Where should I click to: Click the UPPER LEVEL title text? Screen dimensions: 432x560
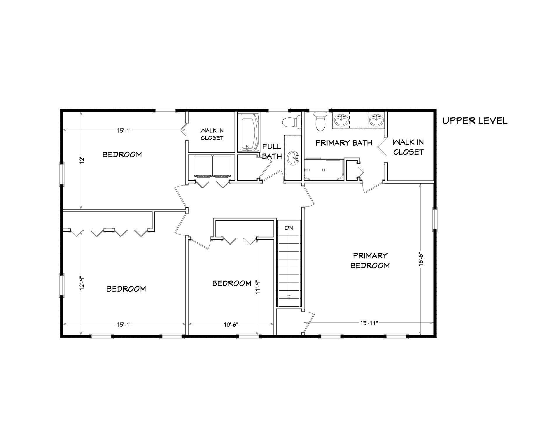(475, 121)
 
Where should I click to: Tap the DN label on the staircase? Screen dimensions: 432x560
(289, 228)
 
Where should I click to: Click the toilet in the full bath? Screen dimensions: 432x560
(292, 122)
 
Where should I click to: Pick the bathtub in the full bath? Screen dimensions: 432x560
(249, 133)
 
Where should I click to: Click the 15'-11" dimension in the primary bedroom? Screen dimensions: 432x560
(369, 323)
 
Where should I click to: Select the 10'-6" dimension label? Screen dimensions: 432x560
(231, 324)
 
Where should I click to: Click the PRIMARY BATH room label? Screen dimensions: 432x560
(344, 143)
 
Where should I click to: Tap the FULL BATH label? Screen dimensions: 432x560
(272, 151)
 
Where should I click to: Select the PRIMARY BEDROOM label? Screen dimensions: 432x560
(370, 260)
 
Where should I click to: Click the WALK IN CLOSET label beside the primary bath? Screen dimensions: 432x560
(408, 147)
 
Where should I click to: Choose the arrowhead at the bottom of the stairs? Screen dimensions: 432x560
(289, 297)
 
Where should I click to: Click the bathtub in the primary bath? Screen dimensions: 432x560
(323, 170)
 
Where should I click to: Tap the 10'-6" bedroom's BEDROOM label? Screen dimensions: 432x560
(232, 283)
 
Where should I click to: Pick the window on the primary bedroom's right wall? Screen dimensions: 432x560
(435, 219)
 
